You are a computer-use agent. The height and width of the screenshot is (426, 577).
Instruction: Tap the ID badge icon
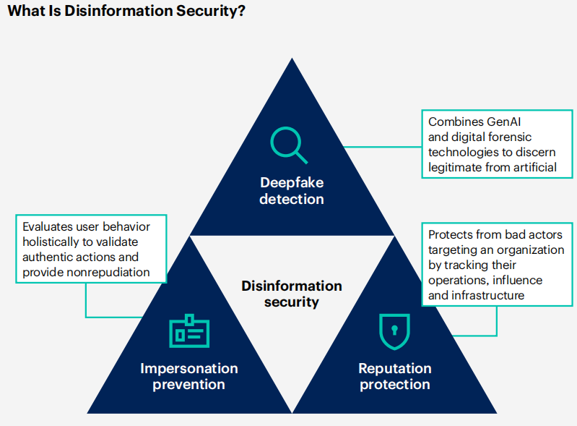click(189, 331)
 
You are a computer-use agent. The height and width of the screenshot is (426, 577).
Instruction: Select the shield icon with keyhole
click(394, 331)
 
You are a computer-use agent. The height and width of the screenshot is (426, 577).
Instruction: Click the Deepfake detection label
click(292, 190)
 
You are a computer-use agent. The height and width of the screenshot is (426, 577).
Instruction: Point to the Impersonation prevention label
click(189, 376)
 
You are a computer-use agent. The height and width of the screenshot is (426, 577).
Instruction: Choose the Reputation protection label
click(395, 376)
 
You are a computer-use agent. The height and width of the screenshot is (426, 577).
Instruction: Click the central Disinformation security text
click(292, 294)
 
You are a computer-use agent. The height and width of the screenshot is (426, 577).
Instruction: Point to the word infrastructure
click(487, 295)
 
